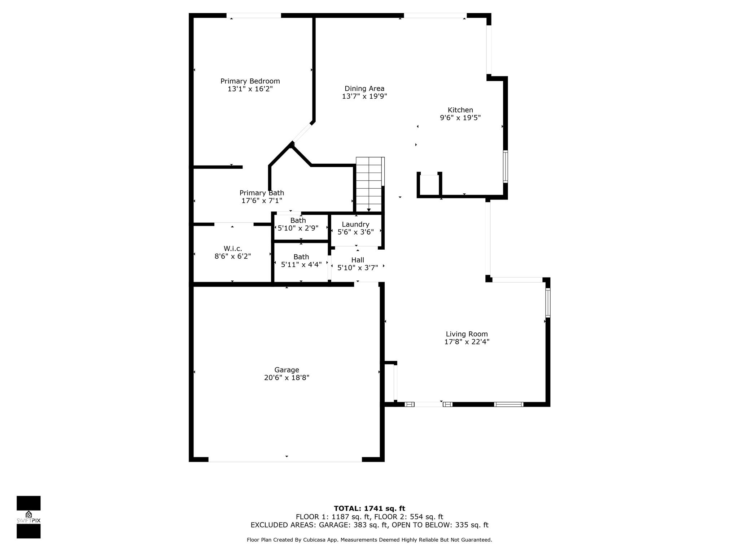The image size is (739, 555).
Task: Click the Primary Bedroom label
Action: coord(250,81)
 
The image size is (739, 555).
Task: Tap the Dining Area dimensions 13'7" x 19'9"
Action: coord(364,96)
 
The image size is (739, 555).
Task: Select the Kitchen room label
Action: coord(460,110)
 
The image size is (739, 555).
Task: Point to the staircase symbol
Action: coord(370,184)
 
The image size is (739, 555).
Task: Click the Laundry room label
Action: coord(355,225)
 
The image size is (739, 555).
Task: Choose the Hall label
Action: coord(358,260)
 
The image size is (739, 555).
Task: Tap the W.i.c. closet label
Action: coord(233,249)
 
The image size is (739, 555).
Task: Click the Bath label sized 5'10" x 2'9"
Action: coord(298,220)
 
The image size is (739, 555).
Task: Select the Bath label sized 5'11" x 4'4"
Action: coord(301,257)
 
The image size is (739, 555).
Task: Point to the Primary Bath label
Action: coord(262,193)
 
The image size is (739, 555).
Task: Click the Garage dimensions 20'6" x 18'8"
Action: coord(287,378)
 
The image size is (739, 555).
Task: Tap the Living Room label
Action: coord(467,334)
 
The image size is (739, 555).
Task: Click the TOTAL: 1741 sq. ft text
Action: coord(369,509)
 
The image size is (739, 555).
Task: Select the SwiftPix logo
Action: coord(29,517)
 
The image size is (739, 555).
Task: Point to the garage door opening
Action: coord(285,459)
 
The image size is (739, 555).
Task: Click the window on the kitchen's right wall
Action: coord(505,167)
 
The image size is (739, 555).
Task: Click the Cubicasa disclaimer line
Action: coord(369,540)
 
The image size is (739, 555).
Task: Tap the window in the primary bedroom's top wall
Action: coord(254,16)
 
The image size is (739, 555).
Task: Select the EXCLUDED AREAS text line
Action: coord(369,525)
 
